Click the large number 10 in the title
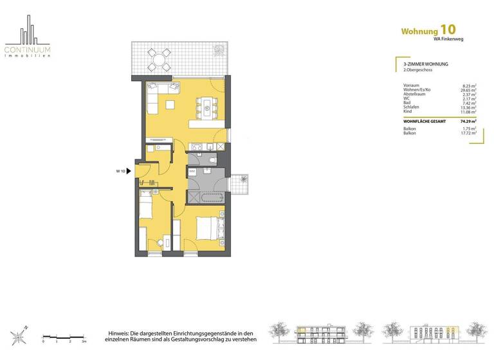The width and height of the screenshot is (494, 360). click(x=449, y=30)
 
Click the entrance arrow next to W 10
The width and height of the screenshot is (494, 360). click(x=129, y=171)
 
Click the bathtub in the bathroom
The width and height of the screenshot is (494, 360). click(x=205, y=195)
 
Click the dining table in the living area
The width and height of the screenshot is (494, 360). click(x=206, y=107)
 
